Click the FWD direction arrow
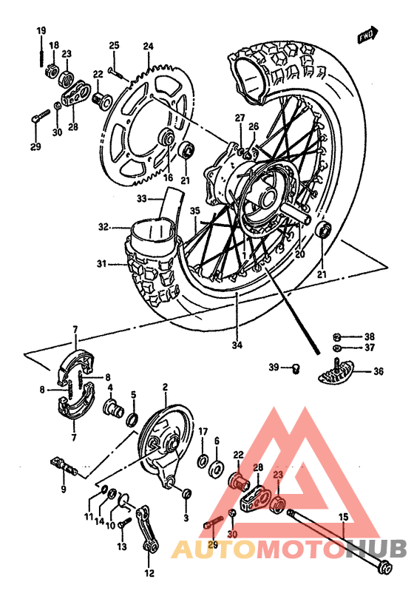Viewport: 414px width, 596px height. click(367, 34)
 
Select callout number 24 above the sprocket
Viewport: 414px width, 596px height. click(148, 47)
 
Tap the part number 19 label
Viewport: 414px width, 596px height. click(41, 30)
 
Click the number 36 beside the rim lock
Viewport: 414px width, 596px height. click(379, 373)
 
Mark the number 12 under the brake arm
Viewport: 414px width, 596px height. click(149, 573)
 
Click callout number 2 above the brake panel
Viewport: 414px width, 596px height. click(165, 387)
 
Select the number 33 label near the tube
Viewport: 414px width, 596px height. click(142, 198)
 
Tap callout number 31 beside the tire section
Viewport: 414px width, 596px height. click(101, 263)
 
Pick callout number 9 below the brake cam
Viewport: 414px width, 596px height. click(64, 489)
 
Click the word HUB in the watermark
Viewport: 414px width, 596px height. click(376, 549)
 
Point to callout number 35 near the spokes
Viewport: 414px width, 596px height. click(194, 211)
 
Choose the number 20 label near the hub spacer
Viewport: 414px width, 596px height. click(299, 254)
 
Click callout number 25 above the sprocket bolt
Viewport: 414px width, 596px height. click(114, 47)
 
